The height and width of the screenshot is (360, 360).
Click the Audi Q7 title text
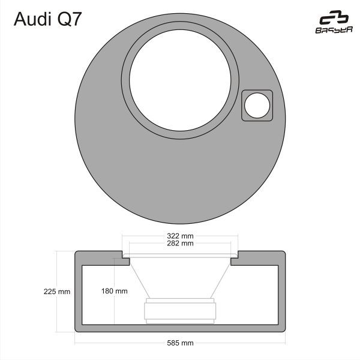(x=47, y=19)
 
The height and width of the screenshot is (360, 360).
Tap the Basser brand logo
(x=334, y=22)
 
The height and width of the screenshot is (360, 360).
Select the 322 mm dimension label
(x=180, y=236)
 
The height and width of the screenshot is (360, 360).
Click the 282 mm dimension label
(x=180, y=244)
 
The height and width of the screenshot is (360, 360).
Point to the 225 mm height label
(x=57, y=292)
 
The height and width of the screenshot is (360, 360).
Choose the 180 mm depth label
(x=115, y=291)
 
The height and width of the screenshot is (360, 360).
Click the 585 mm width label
(x=180, y=343)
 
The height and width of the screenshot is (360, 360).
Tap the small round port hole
(x=257, y=106)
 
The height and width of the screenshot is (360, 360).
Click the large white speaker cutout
(x=180, y=80)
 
